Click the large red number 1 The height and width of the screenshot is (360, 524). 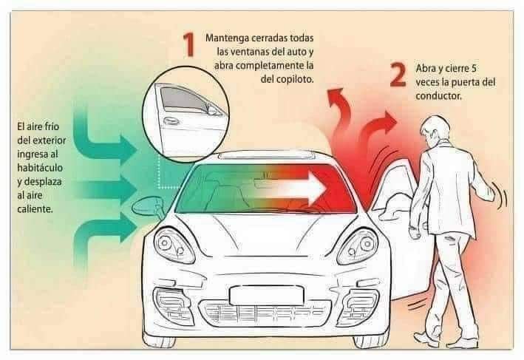189,44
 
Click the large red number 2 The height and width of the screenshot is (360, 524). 398,75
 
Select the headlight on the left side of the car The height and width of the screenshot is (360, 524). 174,245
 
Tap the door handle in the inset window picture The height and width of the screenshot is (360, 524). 171,120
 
